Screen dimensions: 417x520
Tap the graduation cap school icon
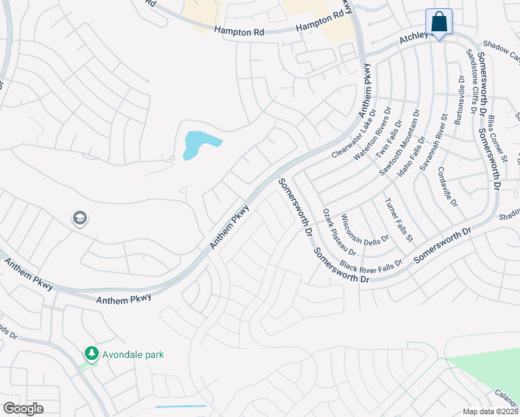(x=79, y=219)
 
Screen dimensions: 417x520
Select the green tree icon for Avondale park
(x=91, y=354)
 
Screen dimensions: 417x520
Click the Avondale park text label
(x=133, y=354)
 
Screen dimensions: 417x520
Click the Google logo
(x=23, y=409)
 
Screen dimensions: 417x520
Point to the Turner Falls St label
(x=399, y=220)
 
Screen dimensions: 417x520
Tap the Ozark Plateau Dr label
(x=340, y=231)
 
